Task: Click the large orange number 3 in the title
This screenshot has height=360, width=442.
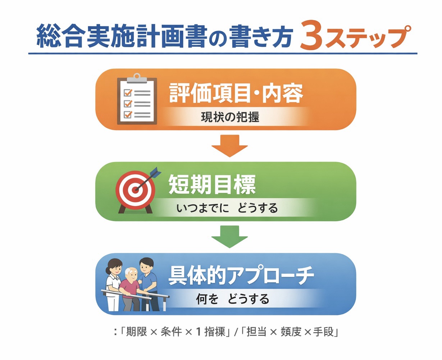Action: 311,37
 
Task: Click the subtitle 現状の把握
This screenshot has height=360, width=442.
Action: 230,117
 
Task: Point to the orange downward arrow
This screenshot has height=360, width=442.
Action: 229,145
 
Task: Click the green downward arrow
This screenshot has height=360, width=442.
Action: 229,236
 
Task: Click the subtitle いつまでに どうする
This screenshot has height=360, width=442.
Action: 227,208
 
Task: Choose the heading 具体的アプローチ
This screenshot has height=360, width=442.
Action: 241,276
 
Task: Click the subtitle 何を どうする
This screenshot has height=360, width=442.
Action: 232,299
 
